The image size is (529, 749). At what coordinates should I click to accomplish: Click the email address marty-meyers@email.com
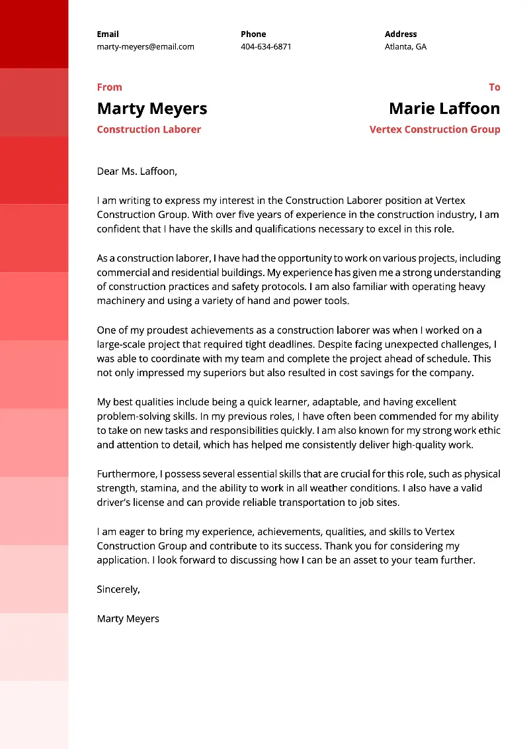click(145, 47)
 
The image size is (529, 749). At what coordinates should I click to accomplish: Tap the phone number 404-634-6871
click(266, 47)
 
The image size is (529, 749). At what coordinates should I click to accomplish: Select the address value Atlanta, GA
click(405, 47)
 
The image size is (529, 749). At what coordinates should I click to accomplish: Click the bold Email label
click(108, 34)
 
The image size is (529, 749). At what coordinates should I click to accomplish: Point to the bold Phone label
click(253, 34)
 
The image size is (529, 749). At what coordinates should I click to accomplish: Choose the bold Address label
click(401, 34)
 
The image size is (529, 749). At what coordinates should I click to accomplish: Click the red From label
click(109, 87)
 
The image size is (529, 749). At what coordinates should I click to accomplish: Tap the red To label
click(494, 87)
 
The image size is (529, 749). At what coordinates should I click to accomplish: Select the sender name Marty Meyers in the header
click(151, 109)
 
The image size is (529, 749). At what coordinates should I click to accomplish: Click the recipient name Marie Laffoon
click(444, 109)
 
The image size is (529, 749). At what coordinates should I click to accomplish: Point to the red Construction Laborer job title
click(149, 130)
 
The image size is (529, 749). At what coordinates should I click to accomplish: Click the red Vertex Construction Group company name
click(434, 130)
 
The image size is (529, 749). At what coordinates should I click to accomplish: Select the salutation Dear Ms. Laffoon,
click(137, 172)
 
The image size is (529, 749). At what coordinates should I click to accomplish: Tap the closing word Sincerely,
click(118, 589)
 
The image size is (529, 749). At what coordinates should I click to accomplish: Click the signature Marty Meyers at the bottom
click(128, 619)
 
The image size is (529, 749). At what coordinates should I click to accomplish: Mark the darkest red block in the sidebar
click(34, 34)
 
